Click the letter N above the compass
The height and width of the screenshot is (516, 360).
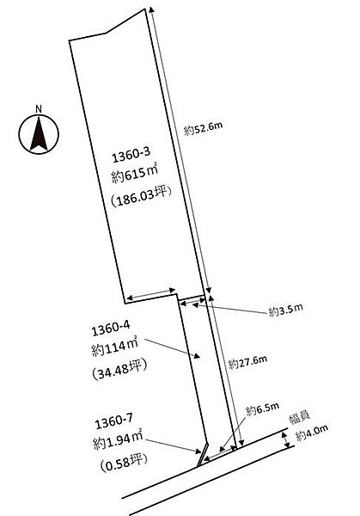[39, 109]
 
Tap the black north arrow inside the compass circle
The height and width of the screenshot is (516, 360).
[39, 135]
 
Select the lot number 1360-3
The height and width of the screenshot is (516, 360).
[131, 155]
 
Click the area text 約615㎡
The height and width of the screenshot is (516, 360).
[135, 174]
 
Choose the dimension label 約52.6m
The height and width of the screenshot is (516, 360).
[203, 128]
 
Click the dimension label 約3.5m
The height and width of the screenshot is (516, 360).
[286, 310]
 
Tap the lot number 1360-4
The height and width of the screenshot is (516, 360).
[111, 329]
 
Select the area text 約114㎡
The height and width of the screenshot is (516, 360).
[115, 347]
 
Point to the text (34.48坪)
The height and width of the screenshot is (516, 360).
[119, 370]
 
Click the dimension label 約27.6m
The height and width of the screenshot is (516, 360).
[247, 362]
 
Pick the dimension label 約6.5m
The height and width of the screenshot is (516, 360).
[262, 408]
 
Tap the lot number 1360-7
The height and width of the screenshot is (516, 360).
[113, 421]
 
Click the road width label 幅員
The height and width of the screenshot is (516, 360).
[300, 418]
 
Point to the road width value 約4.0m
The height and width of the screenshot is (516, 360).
[312, 433]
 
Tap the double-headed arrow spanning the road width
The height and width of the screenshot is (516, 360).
[286, 440]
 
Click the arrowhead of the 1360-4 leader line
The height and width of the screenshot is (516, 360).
[197, 355]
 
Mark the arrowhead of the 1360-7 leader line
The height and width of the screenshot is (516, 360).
[198, 451]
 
